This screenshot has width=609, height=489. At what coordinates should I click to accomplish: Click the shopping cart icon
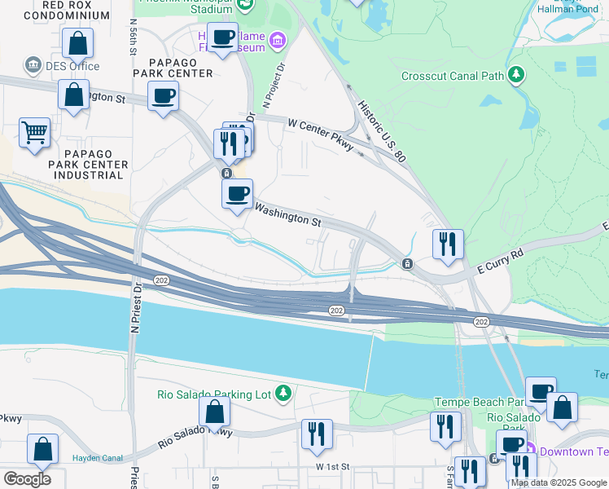(x=34, y=132)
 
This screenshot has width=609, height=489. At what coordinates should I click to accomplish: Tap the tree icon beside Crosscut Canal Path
(x=515, y=76)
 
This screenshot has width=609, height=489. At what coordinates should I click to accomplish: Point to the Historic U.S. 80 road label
(x=382, y=131)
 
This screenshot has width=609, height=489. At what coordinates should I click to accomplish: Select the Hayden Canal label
(x=97, y=458)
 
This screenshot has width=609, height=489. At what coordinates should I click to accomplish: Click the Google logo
(x=27, y=478)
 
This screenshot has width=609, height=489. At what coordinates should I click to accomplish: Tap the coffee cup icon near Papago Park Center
(x=164, y=96)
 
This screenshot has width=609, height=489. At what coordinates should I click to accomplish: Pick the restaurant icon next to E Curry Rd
(x=447, y=244)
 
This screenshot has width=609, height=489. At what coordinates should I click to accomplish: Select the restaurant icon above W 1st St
(x=317, y=434)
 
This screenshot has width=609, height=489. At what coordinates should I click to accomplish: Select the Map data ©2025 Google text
(x=559, y=482)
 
